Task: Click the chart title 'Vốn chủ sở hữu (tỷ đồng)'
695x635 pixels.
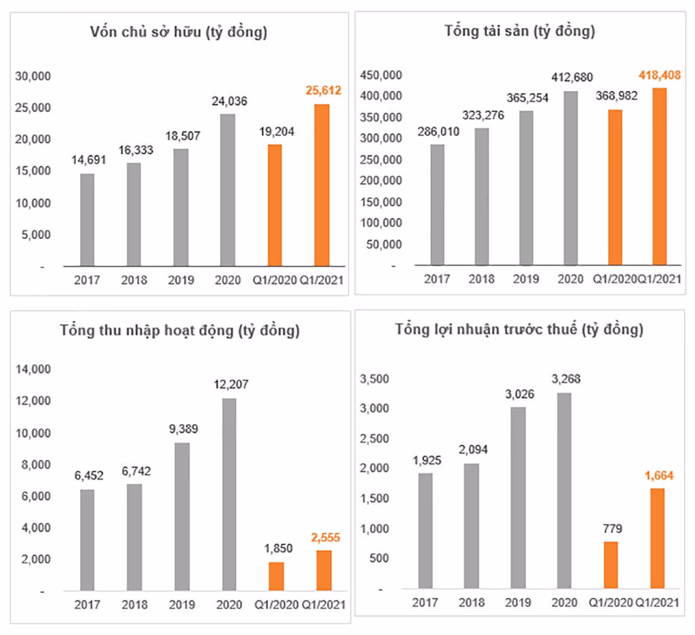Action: click(x=179, y=33)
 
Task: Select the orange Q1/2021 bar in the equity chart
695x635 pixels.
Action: click(x=322, y=185)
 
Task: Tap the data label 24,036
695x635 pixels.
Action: click(x=228, y=102)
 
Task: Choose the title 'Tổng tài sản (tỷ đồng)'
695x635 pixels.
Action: click(x=520, y=31)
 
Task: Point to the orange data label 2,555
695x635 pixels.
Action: click(x=324, y=538)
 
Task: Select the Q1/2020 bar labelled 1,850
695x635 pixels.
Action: click(x=276, y=576)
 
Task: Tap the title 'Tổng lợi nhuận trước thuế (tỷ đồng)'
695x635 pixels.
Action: click(x=520, y=330)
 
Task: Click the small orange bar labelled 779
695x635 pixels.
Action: click(x=611, y=564)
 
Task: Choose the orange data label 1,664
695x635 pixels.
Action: click(x=657, y=475)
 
